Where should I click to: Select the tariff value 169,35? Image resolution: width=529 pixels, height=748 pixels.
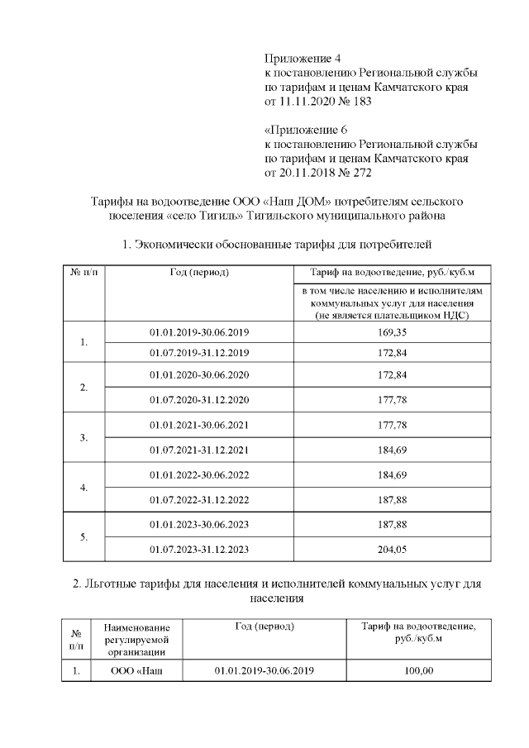coord(393,331)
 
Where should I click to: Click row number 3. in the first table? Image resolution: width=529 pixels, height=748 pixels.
coord(84,437)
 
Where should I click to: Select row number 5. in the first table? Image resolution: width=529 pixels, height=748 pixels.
coord(84,536)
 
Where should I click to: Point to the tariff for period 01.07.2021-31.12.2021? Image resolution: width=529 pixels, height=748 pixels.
coord(393,450)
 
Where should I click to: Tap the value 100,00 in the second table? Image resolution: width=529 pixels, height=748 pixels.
coord(418,670)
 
